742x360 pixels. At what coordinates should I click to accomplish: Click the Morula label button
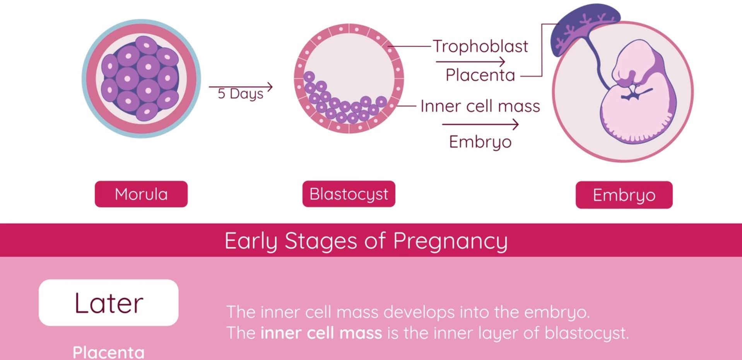[x=141, y=194]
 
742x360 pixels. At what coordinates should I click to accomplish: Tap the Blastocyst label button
[x=349, y=194]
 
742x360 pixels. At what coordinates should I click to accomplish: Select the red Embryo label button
[x=624, y=195]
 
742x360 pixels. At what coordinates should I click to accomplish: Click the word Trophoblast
[x=480, y=46]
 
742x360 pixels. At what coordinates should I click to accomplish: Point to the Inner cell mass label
[x=480, y=106]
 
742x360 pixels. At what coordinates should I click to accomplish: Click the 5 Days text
[x=240, y=94]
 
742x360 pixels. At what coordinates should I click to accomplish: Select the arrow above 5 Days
[x=241, y=87]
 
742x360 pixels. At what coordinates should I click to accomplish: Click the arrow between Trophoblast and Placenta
[x=470, y=61]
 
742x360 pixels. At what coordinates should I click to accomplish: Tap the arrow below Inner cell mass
[x=480, y=125]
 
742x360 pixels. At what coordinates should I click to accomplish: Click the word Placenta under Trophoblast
[x=480, y=75]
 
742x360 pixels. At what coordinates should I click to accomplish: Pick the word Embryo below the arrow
[x=480, y=142]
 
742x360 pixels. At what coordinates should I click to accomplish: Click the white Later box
[x=108, y=303]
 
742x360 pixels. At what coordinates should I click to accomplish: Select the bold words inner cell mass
[x=321, y=333]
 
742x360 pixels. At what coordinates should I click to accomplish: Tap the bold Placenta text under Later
[x=108, y=352]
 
